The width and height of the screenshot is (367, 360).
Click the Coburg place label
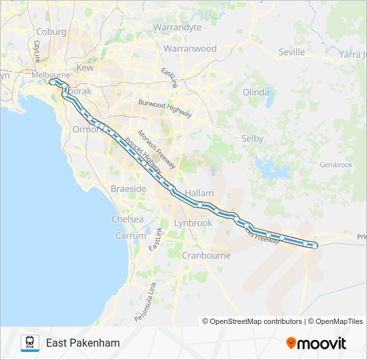click(51, 31)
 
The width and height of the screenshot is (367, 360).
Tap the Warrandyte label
click(177, 27)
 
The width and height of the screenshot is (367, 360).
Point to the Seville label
click(291, 52)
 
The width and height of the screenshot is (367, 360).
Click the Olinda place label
click(256, 92)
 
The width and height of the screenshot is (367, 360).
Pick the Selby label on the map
click(252, 139)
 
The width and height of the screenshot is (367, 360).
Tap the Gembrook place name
click(336, 165)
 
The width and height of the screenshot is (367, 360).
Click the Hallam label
click(199, 193)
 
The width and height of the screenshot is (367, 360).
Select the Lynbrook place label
click(192, 223)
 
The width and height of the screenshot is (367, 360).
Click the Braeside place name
click(128, 189)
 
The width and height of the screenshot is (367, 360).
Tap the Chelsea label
click(127, 219)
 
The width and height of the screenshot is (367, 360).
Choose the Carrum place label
click(130, 236)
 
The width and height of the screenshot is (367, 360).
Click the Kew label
click(85, 68)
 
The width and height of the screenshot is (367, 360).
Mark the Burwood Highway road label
click(165, 108)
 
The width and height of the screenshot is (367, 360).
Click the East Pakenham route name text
click(83, 343)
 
